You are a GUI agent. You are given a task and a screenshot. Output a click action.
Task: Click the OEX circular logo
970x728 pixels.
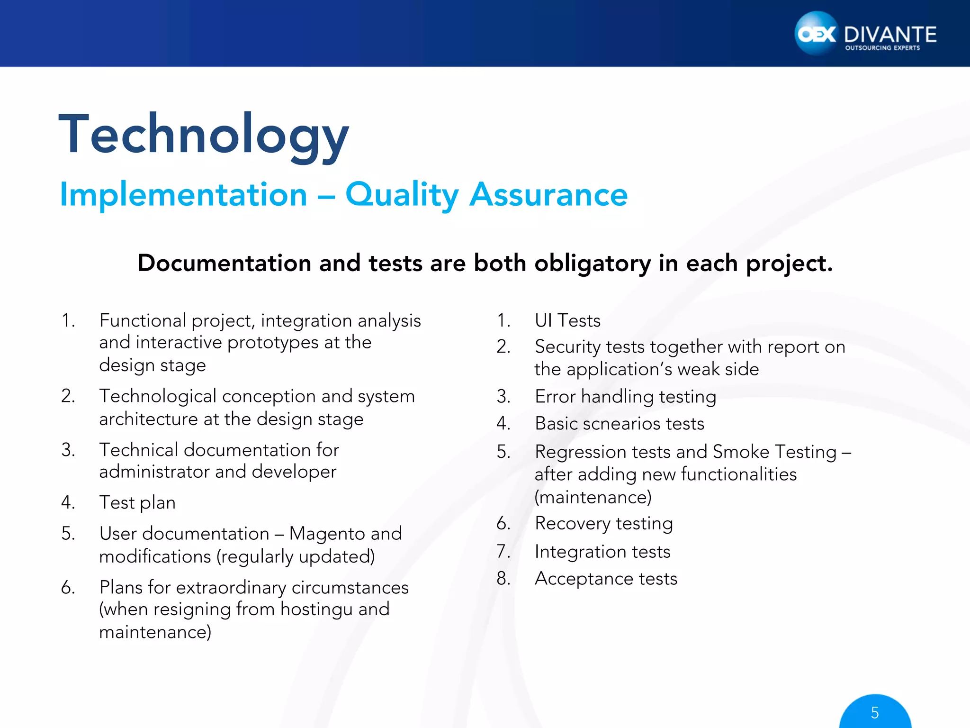click(x=816, y=34)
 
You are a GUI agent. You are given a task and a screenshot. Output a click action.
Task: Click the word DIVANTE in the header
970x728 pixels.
click(x=890, y=35)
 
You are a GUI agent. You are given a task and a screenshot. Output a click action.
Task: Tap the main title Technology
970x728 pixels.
click(x=204, y=135)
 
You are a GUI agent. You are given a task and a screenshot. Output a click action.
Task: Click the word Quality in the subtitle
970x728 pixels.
click(x=402, y=195)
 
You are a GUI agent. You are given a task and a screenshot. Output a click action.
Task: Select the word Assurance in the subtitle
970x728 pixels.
click(x=548, y=195)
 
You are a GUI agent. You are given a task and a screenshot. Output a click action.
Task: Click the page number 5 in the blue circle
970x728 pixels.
click(x=875, y=713)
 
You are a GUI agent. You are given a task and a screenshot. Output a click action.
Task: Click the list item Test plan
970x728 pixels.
click(x=137, y=502)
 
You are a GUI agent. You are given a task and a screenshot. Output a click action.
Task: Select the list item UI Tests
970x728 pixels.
click(x=567, y=321)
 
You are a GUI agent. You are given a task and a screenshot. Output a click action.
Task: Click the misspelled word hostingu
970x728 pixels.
click(x=315, y=609)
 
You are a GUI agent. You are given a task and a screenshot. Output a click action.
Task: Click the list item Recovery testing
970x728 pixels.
click(x=603, y=524)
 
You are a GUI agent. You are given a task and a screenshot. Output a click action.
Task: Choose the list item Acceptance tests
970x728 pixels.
click(x=606, y=579)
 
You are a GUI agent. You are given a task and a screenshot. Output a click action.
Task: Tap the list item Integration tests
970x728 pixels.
click(x=602, y=552)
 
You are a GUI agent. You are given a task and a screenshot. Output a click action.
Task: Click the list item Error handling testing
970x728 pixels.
click(x=625, y=397)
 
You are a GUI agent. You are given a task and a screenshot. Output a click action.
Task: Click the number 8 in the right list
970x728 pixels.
click(x=503, y=579)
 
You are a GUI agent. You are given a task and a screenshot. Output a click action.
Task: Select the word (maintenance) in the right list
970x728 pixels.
click(x=593, y=497)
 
